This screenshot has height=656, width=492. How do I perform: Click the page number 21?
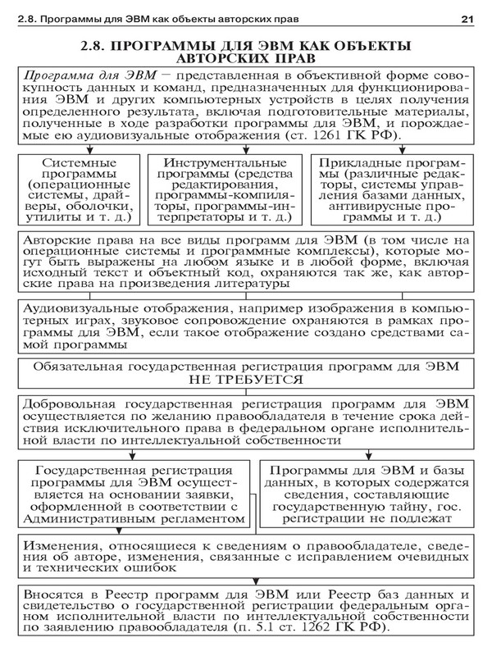(468, 17)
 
